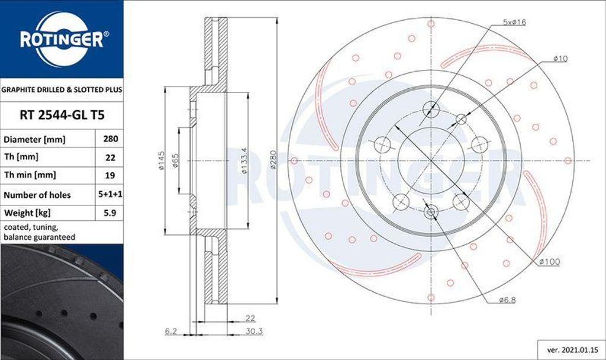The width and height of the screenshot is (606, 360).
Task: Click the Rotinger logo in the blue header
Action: (x=62, y=40)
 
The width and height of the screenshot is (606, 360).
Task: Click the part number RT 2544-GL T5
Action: (x=62, y=115)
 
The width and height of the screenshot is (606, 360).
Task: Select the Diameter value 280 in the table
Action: (x=110, y=139)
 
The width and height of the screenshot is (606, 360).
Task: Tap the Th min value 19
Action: (x=110, y=175)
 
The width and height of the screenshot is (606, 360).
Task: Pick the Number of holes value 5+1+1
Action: (x=110, y=194)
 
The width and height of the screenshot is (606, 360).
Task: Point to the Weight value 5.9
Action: (x=110, y=213)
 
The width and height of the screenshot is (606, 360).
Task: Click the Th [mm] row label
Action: (x=21, y=157)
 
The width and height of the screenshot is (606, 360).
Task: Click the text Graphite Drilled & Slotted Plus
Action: (x=62, y=90)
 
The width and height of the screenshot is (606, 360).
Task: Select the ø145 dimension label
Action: (x=161, y=160)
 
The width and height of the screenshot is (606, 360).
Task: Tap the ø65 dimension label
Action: (x=175, y=160)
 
